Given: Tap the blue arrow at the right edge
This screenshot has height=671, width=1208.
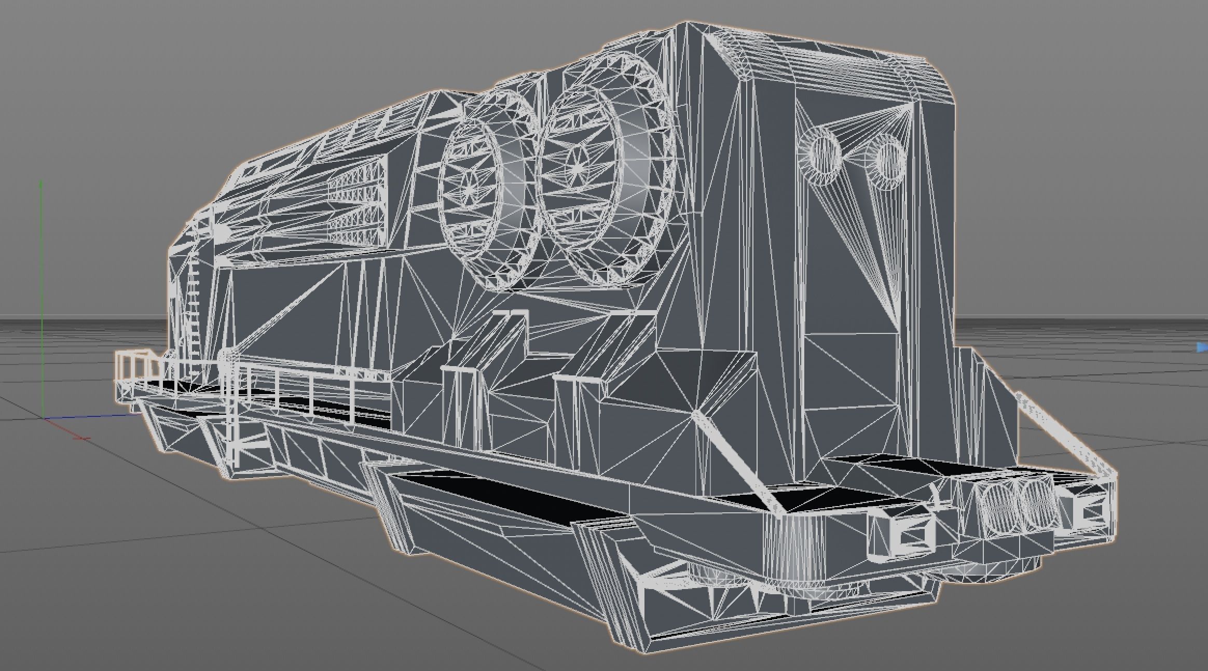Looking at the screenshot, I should [x=1203, y=347].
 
